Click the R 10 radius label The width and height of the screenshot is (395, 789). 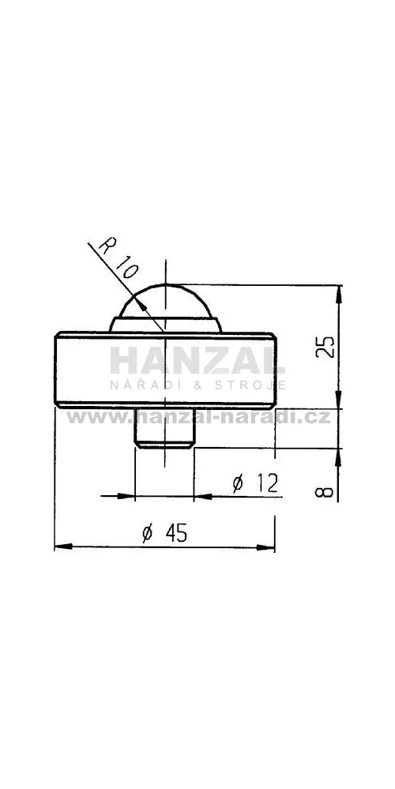(118, 257)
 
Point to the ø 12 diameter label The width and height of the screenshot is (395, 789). (256, 483)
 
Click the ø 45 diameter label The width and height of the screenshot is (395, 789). (164, 533)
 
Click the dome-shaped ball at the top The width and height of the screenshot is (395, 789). (165, 301)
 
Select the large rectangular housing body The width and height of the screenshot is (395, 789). (165, 369)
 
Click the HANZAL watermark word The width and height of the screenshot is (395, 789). (197, 361)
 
